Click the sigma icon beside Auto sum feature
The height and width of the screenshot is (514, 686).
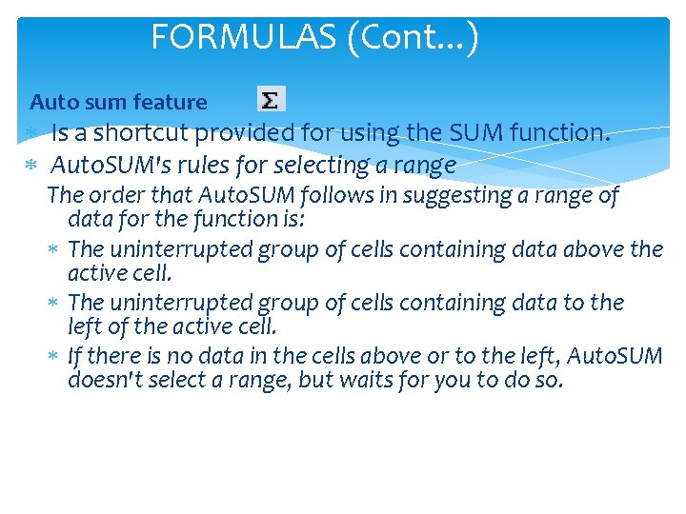pos(272,99)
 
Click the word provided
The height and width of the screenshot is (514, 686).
pos(250,133)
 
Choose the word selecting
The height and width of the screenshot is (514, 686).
pos(319,166)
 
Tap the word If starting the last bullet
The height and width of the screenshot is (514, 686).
pos(75,356)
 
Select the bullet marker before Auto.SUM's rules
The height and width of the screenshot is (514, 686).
pos(30,167)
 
